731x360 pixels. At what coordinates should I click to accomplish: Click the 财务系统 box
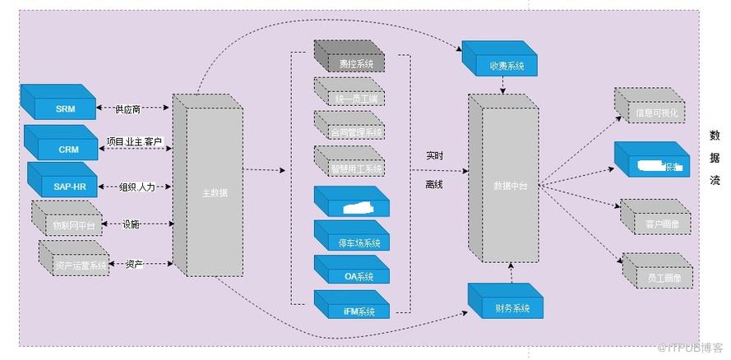click(x=507, y=306)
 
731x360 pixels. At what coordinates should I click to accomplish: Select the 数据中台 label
click(x=510, y=186)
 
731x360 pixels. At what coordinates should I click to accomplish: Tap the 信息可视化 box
click(x=656, y=111)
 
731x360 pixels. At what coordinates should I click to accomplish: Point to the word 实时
click(x=434, y=155)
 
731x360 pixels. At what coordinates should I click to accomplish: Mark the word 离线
click(x=434, y=185)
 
